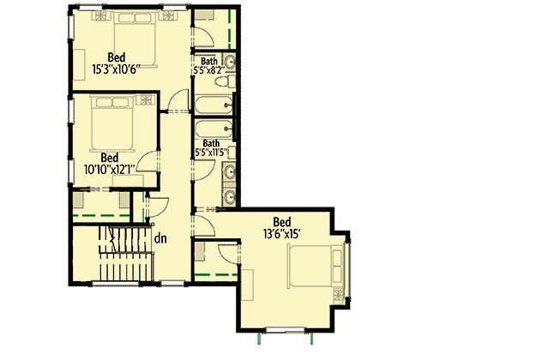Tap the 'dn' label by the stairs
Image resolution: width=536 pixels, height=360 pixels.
point(160,238)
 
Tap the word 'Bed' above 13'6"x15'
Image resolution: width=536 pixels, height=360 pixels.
point(282,219)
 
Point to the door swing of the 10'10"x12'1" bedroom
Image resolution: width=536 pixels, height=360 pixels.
point(148,163)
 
